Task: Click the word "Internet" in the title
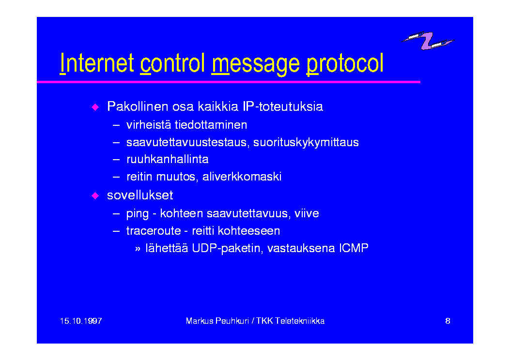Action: [97, 63]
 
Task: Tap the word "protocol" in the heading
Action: [345, 64]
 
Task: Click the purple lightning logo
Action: [428, 40]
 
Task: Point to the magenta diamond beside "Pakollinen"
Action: [95, 107]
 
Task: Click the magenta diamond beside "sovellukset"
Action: [95, 195]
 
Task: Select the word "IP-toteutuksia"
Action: [283, 106]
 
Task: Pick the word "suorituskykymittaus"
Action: [306, 142]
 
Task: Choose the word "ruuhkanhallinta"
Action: [167, 159]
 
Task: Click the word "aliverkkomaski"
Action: [242, 177]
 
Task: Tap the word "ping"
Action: [137, 214]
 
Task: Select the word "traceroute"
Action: [154, 231]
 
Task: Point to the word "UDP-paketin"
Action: [228, 248]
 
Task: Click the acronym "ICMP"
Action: [354, 248]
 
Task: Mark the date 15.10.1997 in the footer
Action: [81, 321]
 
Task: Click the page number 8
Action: [448, 321]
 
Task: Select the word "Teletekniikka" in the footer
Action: [300, 321]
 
